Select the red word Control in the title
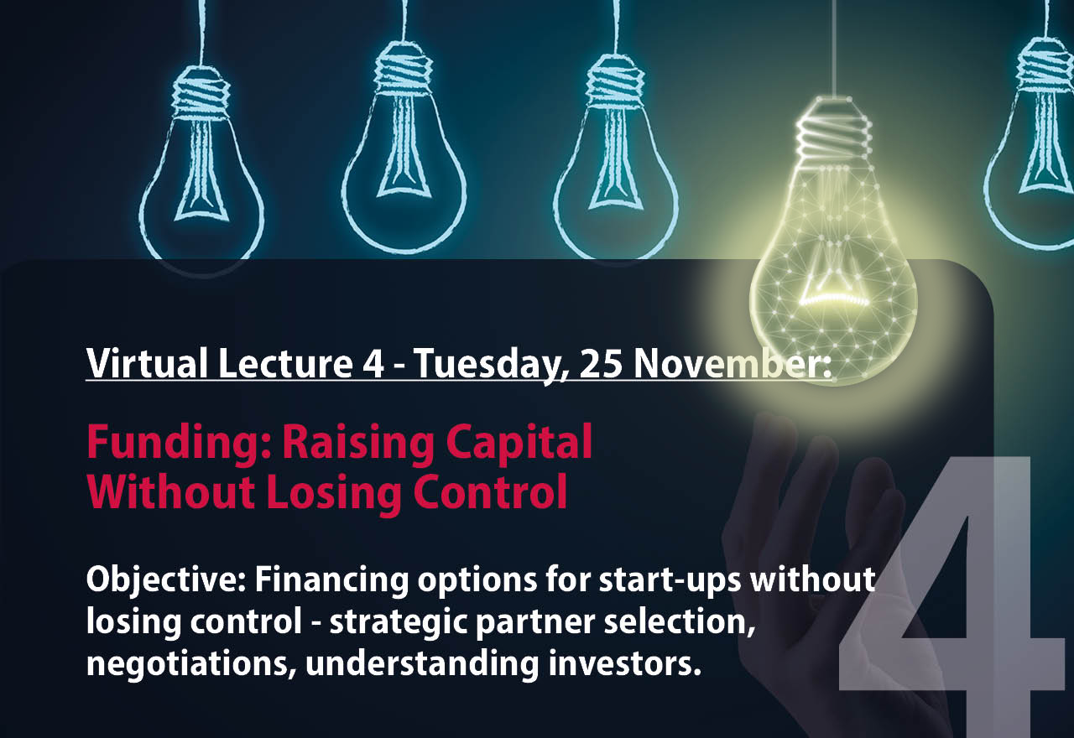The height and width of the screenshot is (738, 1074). point(502,493)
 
